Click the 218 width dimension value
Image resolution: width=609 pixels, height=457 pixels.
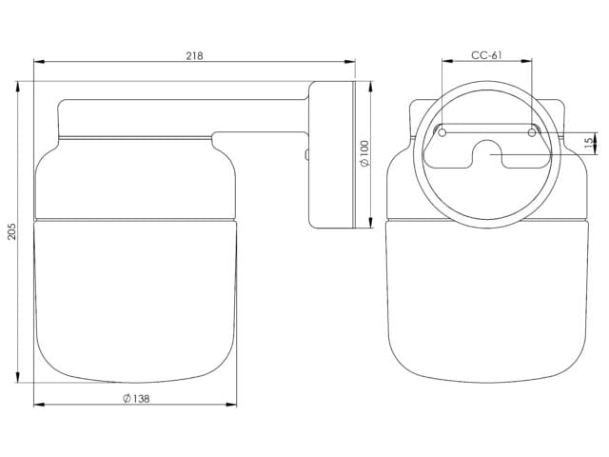(x=195, y=56)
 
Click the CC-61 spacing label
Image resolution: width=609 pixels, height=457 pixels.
(x=486, y=55)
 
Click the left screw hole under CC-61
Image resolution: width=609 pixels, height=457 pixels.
(x=441, y=130)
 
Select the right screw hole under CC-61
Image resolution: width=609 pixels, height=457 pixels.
(x=532, y=130)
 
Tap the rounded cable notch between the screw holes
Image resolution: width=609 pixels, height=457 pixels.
(x=486, y=150)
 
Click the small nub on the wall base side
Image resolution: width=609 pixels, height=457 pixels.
(x=306, y=153)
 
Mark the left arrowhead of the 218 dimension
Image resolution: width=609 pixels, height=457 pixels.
(x=38, y=64)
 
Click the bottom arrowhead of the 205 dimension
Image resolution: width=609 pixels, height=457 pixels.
(x=20, y=382)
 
